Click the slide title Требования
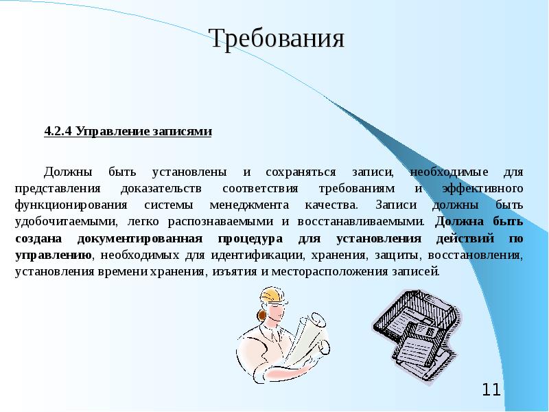point(276,38)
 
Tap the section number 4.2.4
point(58,131)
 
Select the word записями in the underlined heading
point(185,131)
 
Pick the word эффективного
point(484,187)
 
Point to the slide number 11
point(491,391)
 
